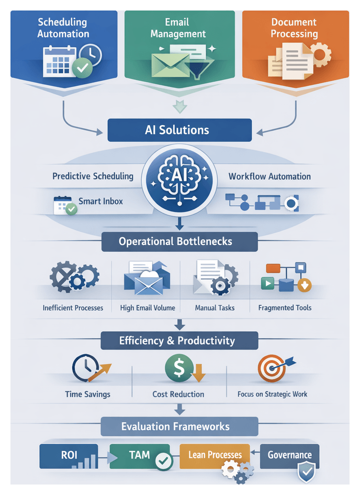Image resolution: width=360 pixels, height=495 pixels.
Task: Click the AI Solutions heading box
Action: [179, 130]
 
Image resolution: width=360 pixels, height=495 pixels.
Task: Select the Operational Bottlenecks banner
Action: [179, 242]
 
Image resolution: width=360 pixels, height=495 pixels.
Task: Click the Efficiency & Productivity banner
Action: [179, 341]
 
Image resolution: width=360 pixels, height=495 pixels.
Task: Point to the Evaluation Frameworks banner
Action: [179, 426]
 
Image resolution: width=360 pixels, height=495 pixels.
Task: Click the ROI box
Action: [69, 456]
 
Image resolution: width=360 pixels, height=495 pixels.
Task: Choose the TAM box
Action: [140, 456]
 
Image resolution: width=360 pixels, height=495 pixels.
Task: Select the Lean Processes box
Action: [215, 455]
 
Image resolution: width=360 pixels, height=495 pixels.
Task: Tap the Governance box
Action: [289, 455]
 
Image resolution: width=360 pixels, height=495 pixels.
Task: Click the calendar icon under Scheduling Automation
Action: [59, 61]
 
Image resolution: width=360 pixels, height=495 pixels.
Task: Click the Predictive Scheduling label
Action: [93, 176]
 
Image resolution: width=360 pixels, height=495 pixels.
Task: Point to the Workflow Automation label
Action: [269, 176]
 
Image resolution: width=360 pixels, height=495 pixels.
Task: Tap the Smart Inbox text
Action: [100, 200]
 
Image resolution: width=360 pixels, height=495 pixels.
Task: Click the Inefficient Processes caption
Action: [73, 308]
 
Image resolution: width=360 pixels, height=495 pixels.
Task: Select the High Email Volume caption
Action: [148, 308]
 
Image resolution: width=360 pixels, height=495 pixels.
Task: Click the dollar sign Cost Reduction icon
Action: [175, 368]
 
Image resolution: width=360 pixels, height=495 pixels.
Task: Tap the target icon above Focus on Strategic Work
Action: [272, 368]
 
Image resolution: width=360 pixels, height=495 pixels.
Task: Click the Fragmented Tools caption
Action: [285, 308]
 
